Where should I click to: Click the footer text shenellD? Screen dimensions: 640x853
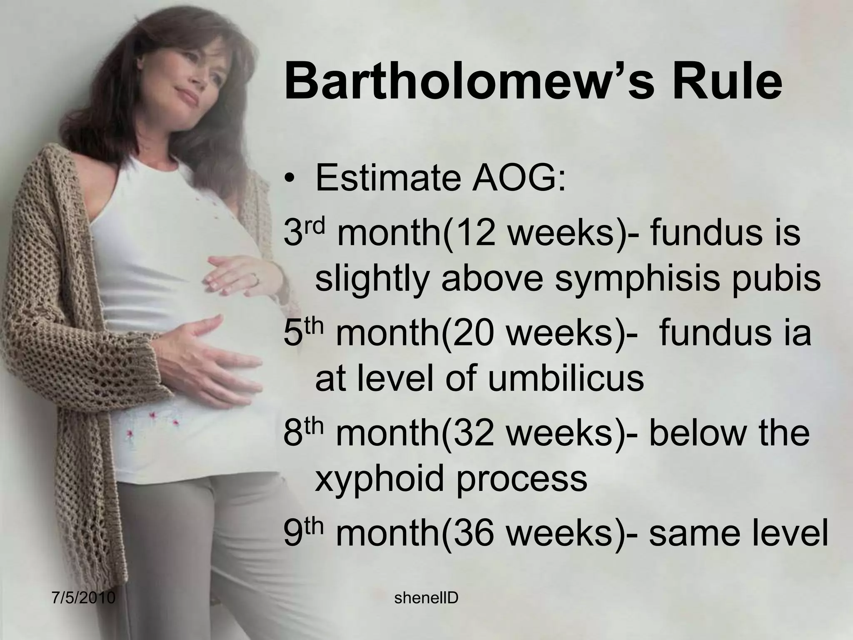(x=426, y=598)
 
